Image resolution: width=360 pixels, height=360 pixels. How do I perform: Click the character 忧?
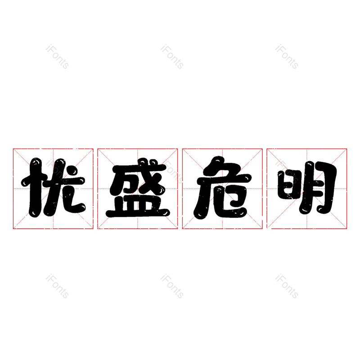pyautogui.click(x=53, y=188)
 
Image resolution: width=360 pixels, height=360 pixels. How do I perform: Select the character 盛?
pyautogui.click(x=138, y=188)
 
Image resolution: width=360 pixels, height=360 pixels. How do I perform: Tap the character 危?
pyautogui.click(x=222, y=188)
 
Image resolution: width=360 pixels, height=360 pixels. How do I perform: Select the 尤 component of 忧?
pyautogui.click(x=65, y=188)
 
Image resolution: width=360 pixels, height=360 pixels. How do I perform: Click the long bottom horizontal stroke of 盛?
pyautogui.click(x=138, y=213)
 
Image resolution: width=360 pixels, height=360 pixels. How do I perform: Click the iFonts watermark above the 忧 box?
pyautogui.click(x=57, y=57)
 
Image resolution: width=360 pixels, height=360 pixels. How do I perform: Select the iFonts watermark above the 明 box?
pyautogui.click(x=287, y=57)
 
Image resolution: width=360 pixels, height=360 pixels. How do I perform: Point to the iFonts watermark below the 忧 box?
pyautogui.click(x=57, y=286)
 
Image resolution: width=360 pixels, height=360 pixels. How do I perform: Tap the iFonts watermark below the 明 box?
pyautogui.click(x=287, y=286)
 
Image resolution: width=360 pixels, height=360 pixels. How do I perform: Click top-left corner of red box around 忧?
pyautogui.click(x=13, y=149)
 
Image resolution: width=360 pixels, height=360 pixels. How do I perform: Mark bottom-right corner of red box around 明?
pyautogui.click(x=346, y=229)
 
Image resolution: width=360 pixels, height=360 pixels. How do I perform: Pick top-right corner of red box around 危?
pyautogui.click(x=262, y=149)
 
